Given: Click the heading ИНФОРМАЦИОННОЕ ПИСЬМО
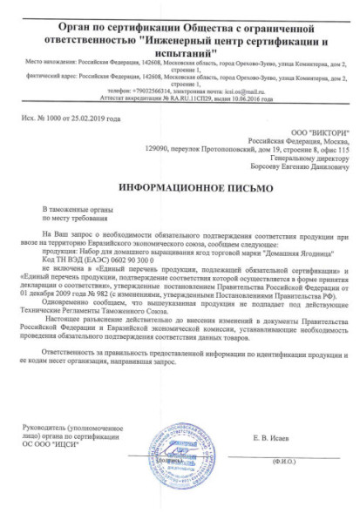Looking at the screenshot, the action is click(x=180, y=187).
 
